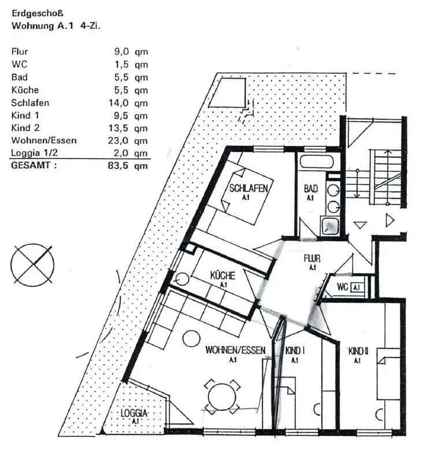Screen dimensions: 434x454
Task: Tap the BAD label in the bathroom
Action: click(x=311, y=189)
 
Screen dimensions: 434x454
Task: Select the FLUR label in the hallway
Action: click(x=312, y=259)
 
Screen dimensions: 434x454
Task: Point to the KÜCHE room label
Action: click(x=222, y=276)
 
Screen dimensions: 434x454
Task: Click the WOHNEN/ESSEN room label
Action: click(x=235, y=350)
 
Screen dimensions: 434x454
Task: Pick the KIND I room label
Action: click(x=295, y=350)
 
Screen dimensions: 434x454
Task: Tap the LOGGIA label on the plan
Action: click(x=135, y=414)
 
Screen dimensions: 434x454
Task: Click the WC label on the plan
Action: click(x=342, y=287)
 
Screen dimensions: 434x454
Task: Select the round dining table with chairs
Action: click(x=221, y=396)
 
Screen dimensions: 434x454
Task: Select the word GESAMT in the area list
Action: click(x=34, y=166)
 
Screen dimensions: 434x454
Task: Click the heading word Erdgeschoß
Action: click(x=38, y=12)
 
